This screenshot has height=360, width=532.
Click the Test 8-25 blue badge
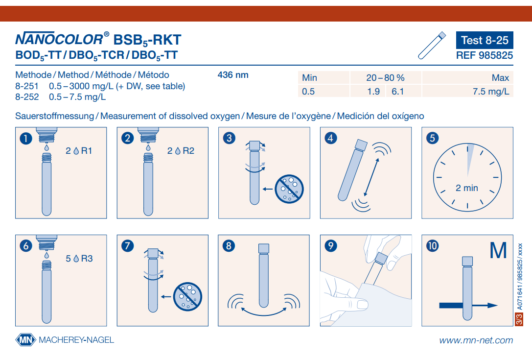coord(485,40)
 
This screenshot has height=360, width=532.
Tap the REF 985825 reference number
coord(484,55)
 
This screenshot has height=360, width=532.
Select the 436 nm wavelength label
coord(233,75)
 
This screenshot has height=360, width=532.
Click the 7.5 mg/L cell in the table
coord(490,92)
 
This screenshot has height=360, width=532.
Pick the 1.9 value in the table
coord(373,92)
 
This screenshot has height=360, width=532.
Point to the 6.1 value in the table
coord(397,92)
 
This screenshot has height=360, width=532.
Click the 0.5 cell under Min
coord(308,92)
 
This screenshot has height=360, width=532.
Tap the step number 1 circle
coord(26,138)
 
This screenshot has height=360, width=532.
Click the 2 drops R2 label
coord(181,151)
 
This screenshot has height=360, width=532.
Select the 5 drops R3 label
coord(79,259)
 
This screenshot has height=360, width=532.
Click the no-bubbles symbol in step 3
coord(289,189)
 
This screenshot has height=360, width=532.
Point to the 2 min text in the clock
coord(467,188)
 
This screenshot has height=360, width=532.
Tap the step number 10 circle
coord(432,245)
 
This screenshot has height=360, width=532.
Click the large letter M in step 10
coord(498,251)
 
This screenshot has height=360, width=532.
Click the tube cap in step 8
coord(264,248)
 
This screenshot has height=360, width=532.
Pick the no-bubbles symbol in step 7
coord(187,296)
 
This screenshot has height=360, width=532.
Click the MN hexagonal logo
coord(25,339)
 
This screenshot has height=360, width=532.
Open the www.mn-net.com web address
coord(476,340)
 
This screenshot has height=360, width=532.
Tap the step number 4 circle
coord(331,138)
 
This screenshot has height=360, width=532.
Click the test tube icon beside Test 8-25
coord(432,45)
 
